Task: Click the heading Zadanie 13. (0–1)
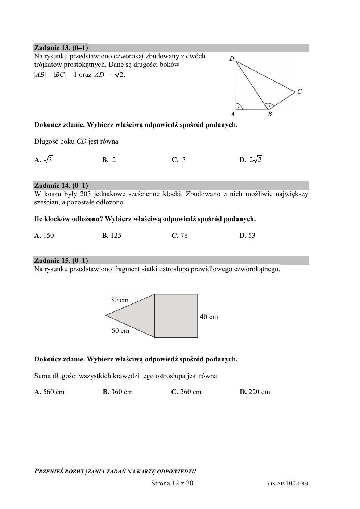(x=61, y=47)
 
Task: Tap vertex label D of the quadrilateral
(x=232, y=59)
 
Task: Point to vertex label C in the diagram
(x=299, y=92)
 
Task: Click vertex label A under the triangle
(x=233, y=114)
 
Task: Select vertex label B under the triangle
(x=270, y=114)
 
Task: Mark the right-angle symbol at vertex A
(x=239, y=107)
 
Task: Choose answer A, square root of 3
(x=43, y=160)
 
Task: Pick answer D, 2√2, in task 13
(x=251, y=160)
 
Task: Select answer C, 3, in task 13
(x=179, y=160)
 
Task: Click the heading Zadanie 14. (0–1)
(x=61, y=186)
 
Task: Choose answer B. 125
(x=112, y=236)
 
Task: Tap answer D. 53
(x=247, y=236)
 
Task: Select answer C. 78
(x=179, y=236)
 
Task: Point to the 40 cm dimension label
(x=209, y=317)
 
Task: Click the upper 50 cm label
(x=120, y=300)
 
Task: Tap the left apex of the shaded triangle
(x=106, y=315)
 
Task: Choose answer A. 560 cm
(x=49, y=392)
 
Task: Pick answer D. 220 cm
(x=255, y=392)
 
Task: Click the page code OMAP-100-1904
(x=288, y=484)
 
